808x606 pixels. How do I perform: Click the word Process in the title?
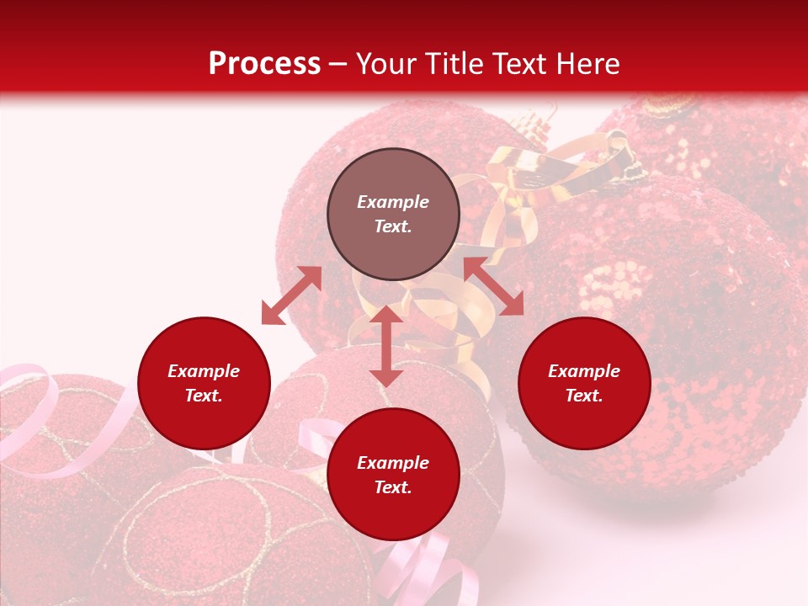pos(264,64)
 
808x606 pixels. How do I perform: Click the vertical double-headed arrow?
pos(386,346)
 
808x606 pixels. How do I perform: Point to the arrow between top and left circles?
pos(291,295)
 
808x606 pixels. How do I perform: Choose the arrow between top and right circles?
pos(494,287)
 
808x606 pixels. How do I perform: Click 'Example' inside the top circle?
pos(393,202)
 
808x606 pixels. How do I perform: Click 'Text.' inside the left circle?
pos(204,396)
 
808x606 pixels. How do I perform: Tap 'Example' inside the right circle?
pos(584,371)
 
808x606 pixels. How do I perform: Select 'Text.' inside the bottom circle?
pos(393,487)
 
